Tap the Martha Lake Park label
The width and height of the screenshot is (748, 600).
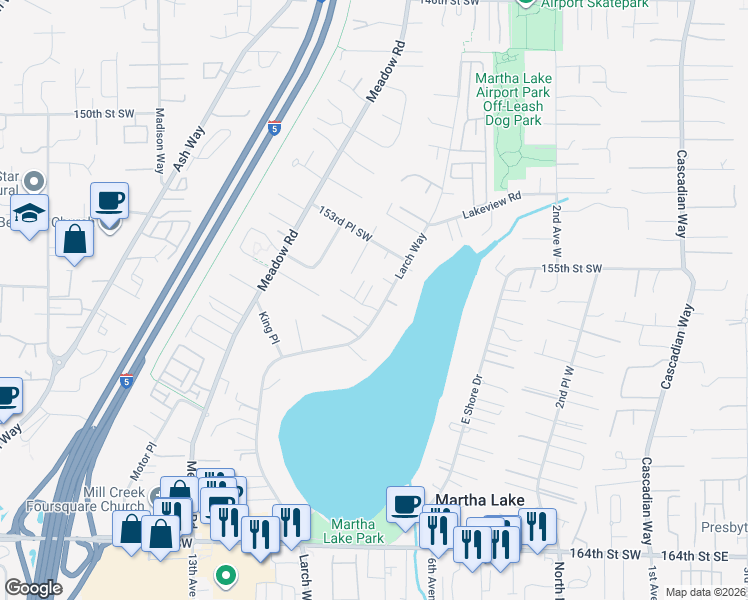click(x=357, y=531)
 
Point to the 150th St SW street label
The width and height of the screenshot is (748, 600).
click(x=103, y=115)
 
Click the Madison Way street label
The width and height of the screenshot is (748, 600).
click(x=159, y=141)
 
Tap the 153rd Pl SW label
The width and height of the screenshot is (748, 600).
click(x=345, y=224)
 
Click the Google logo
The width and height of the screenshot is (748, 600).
click(x=33, y=588)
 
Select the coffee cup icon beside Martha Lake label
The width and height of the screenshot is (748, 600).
click(x=405, y=503)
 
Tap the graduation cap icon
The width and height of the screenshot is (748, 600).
click(x=30, y=213)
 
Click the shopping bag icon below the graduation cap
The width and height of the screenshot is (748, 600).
click(x=75, y=239)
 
